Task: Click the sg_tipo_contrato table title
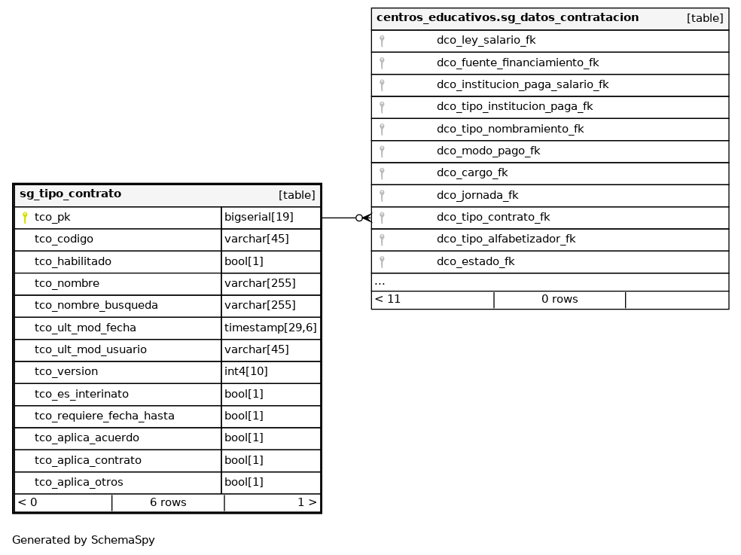pyautogui.click(x=70, y=194)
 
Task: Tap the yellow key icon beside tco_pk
pyautogui.click(x=25, y=218)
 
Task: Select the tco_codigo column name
pyautogui.click(x=64, y=239)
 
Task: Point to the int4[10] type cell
pyautogui.click(x=246, y=372)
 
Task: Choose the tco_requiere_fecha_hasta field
pyautogui.click(x=105, y=416)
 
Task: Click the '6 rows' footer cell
pyautogui.click(x=168, y=503)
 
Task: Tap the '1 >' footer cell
pyautogui.click(x=306, y=503)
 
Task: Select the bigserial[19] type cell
pyautogui.click(x=259, y=218)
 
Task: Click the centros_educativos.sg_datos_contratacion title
pyautogui.click(x=508, y=18)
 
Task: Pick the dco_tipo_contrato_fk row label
pyautogui.click(x=493, y=218)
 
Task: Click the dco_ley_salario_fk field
pyautogui.click(x=486, y=41)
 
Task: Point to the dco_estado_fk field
pyautogui.click(x=475, y=262)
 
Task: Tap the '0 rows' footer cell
pyautogui.click(x=560, y=300)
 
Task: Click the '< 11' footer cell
pyautogui.click(x=388, y=300)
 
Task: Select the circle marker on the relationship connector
pyautogui.click(x=359, y=218)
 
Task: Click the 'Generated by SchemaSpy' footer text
pyautogui.click(x=84, y=540)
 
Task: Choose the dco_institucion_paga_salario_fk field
pyautogui.click(x=523, y=85)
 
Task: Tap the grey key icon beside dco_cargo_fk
pyautogui.click(x=382, y=173)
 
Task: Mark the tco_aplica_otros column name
pyautogui.click(x=79, y=483)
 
